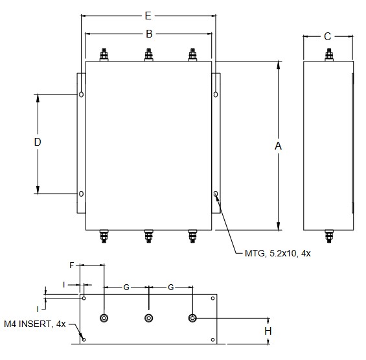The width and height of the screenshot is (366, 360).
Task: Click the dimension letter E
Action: (148, 16)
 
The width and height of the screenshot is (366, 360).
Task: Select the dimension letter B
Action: (149, 34)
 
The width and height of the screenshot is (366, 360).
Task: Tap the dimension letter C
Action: (328, 36)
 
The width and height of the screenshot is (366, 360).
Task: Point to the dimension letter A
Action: (278, 146)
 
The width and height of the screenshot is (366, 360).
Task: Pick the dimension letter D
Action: (38, 142)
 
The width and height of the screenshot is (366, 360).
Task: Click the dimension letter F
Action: (72, 265)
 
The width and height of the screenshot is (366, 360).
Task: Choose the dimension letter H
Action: (268, 331)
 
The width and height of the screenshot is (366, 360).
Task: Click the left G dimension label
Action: (126, 287)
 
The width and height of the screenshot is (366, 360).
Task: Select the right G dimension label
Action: (171, 287)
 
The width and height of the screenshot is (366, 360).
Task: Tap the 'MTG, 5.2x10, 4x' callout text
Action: (277, 253)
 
